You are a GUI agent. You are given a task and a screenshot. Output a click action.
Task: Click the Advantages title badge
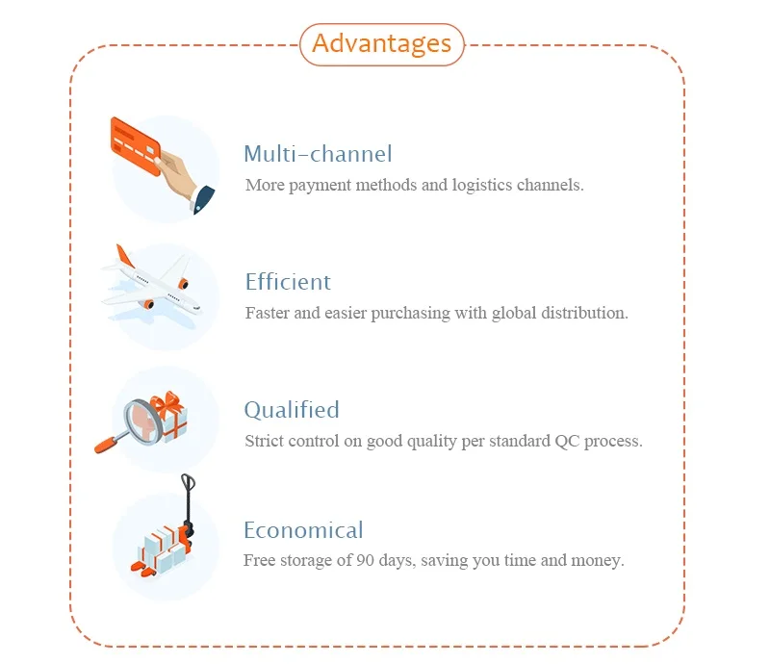(x=382, y=44)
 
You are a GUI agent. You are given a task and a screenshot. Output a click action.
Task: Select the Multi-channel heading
(x=318, y=154)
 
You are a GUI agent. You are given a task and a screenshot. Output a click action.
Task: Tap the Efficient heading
(x=288, y=282)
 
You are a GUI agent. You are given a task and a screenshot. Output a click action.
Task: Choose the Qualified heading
(x=292, y=410)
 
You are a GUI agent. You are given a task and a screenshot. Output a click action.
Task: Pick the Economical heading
(x=303, y=530)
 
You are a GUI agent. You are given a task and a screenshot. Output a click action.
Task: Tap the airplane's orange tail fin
(x=124, y=257)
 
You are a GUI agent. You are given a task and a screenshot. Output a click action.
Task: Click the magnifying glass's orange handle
(x=107, y=444)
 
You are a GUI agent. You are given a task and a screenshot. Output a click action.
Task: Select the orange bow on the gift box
(x=169, y=402)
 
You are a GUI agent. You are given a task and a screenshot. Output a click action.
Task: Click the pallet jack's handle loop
(x=188, y=484)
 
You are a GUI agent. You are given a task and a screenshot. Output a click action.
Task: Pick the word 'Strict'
(x=265, y=442)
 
